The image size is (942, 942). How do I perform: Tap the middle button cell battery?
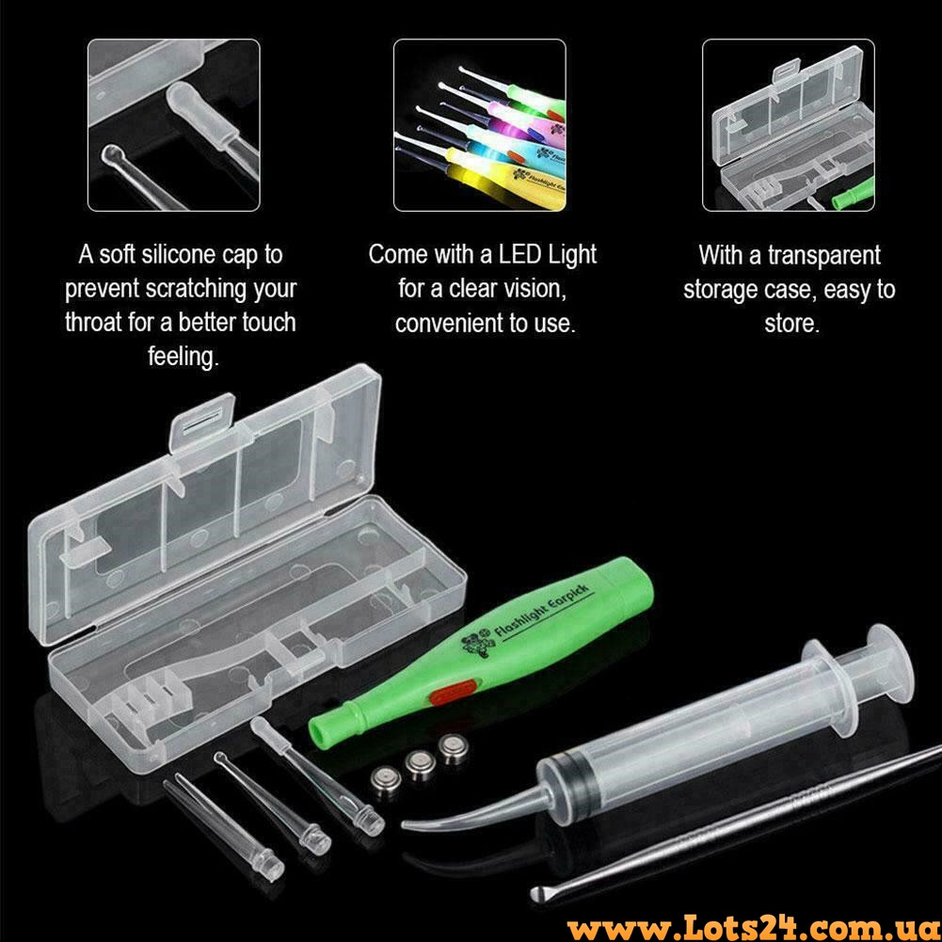pos(420,765)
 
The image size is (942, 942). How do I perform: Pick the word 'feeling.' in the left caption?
pos(184,357)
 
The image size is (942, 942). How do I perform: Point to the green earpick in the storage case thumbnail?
pos(854,194)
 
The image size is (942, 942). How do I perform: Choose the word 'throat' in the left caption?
pos(94,323)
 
